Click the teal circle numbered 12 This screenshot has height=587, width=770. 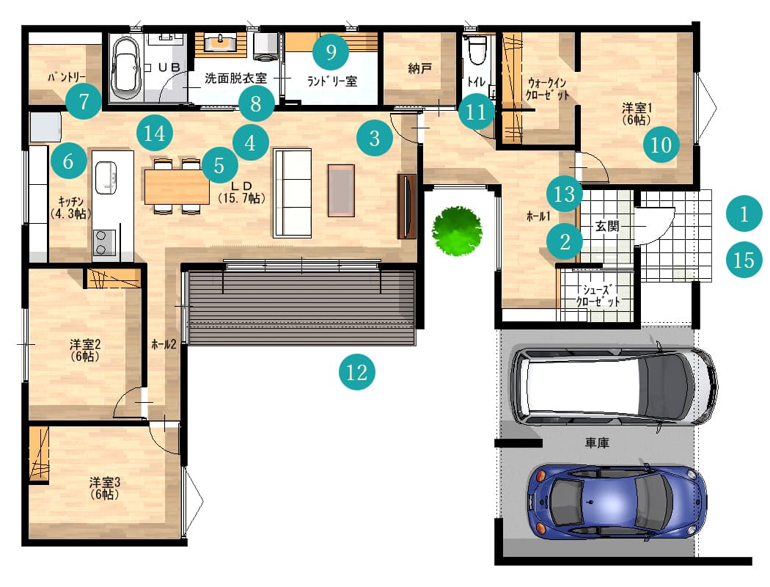[357, 372]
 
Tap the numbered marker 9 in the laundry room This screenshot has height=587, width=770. [331, 51]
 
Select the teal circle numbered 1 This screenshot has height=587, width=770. [744, 214]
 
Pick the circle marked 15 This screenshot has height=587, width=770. [744, 260]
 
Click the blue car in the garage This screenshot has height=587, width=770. [617, 503]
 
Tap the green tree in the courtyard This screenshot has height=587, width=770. [457, 231]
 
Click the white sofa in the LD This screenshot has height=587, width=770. [293, 193]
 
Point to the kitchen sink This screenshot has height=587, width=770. [106, 177]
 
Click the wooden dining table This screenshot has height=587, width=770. [177, 186]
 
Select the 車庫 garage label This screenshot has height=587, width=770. [597, 443]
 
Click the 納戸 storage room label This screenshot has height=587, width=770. [420, 68]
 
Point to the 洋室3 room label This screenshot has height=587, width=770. [105, 482]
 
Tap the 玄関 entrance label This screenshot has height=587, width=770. [607, 226]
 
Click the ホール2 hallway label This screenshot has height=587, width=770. [164, 344]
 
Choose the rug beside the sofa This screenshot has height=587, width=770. [341, 191]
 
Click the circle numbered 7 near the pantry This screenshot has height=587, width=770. [84, 101]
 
